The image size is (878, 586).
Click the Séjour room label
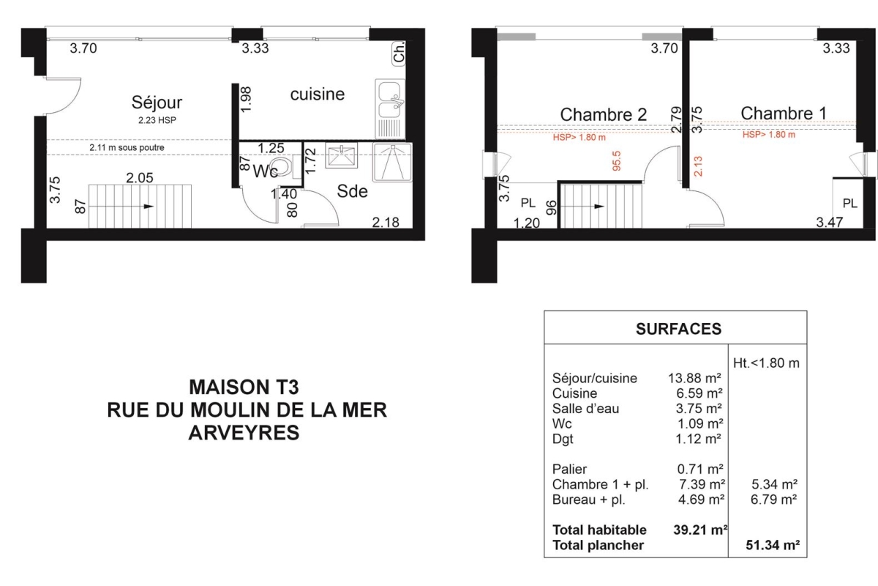click(x=157, y=103)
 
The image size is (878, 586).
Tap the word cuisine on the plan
click(x=317, y=94)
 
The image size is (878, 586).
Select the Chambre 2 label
click(x=603, y=115)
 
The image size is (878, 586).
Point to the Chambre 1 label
click(x=783, y=114)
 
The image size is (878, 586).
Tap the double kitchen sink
click(x=389, y=108)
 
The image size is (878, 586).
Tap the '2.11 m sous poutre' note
click(x=127, y=148)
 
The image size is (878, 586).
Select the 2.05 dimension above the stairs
click(x=140, y=177)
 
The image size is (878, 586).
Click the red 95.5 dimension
click(x=616, y=161)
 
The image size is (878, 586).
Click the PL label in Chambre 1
click(x=849, y=204)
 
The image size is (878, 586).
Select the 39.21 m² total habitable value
click(x=699, y=530)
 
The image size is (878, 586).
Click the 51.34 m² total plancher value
click(x=772, y=545)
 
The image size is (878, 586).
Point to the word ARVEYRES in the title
click(x=244, y=433)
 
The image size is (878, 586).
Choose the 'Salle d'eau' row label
click(x=585, y=409)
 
